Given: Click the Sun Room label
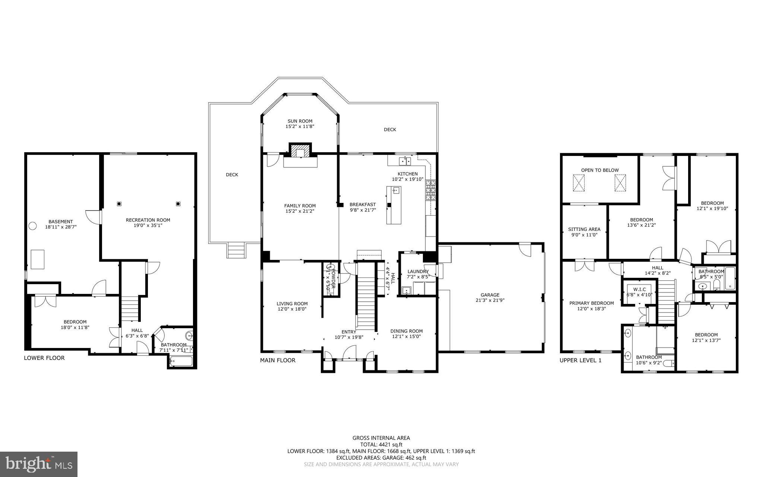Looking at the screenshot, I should coord(300,121).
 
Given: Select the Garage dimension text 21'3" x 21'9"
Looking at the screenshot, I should coord(490,300).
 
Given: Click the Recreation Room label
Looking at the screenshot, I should coord(148,220).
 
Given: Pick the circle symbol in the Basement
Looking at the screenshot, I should coord(33,226).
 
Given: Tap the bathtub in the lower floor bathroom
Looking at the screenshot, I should coord(181,361).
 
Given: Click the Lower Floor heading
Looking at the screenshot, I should coord(44,358).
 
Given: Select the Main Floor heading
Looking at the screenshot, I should coord(278,360).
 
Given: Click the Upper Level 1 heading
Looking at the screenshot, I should coord(580,360).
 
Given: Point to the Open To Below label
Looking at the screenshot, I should coord(600,170).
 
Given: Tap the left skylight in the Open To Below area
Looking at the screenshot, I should coord(579,183).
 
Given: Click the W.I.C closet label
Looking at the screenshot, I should coord(639,289).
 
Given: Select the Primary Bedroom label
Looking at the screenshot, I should coord(591,303).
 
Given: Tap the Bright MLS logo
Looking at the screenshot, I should coord(39,464).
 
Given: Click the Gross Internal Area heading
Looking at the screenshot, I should coord(381,438).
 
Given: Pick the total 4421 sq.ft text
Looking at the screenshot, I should coord(381,445).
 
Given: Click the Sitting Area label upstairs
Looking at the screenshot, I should coord(584,229).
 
